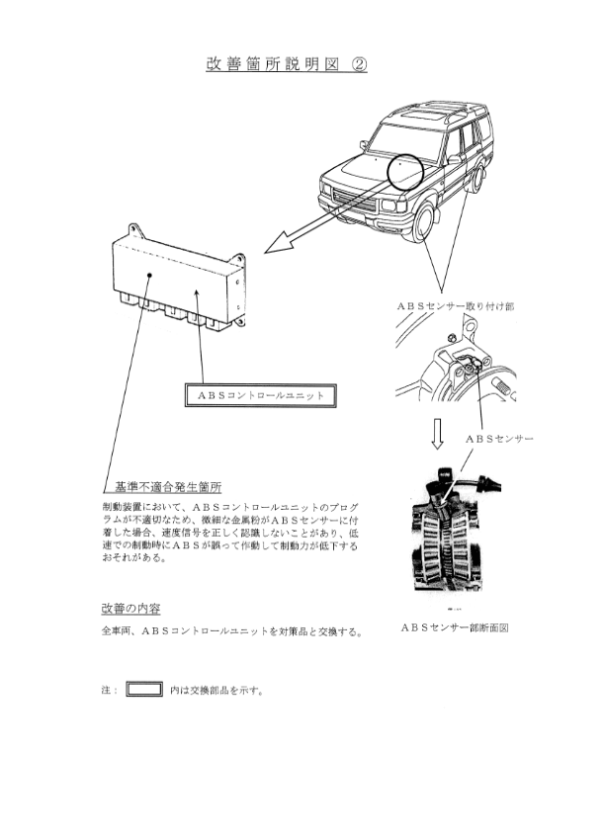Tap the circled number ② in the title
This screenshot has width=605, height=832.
point(359,63)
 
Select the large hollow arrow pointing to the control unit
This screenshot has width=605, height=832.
point(330,216)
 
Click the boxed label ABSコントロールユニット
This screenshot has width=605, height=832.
point(261,395)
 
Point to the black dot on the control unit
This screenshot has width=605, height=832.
point(150,275)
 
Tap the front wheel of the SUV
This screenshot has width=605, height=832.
point(424,223)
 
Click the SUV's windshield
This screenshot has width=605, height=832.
point(406,139)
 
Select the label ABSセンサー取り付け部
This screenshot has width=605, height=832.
point(456,306)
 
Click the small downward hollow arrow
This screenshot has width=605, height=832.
point(437,434)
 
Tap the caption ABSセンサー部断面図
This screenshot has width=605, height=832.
point(455,627)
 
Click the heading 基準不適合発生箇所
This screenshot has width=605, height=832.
point(168,487)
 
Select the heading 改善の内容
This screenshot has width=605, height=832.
point(131,609)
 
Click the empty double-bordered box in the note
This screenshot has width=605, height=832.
point(144,690)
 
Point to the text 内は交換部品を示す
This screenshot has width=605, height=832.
point(216,691)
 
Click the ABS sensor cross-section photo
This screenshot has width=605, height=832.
point(455,530)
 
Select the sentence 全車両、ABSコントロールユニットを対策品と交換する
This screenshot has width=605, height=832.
point(232,631)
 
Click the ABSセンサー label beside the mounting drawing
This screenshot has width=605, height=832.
point(499,439)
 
